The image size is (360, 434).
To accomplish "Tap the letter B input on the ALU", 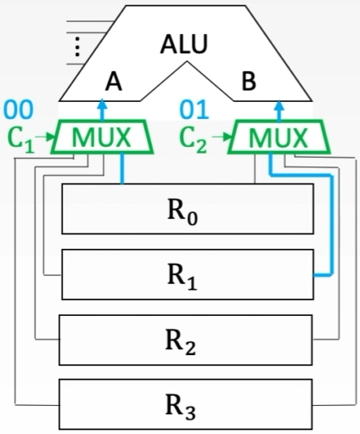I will click(x=249, y=83).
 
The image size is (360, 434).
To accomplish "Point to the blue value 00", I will click(x=20, y=110).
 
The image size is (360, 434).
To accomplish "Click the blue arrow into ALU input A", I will click(x=102, y=110).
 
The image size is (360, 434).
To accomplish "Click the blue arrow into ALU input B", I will click(x=278, y=110).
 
